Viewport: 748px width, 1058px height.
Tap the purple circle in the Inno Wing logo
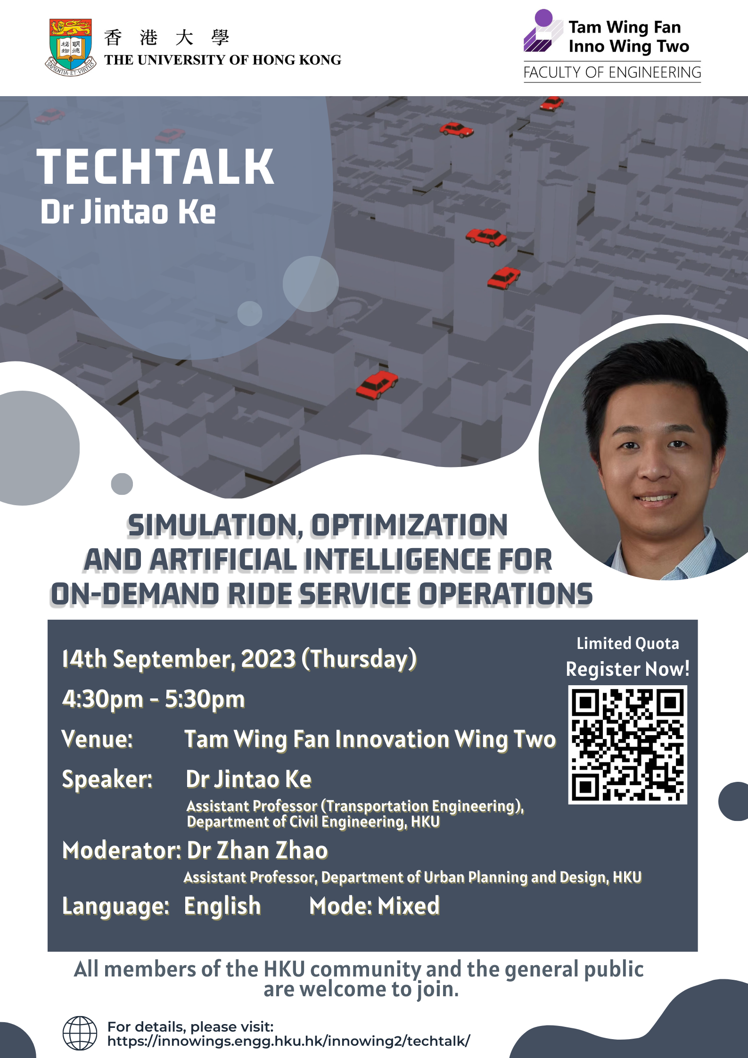pos(543,18)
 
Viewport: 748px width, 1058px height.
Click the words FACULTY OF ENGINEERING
pos(612,73)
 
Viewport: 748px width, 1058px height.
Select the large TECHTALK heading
pos(156,166)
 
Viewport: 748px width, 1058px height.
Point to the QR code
pos(627,745)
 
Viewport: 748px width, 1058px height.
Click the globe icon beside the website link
pos(80,1033)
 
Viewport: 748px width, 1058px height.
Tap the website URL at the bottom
pos(288,1041)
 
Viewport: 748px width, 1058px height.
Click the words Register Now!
pos(627,669)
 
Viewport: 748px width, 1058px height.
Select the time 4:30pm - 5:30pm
pos(154,699)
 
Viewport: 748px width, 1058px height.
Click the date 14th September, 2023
pos(179,658)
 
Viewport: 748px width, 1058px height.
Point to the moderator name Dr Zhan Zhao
pos(257,851)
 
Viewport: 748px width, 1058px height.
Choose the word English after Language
pos(222,906)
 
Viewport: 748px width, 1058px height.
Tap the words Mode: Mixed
pos(374,906)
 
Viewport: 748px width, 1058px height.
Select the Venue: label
pos(97,739)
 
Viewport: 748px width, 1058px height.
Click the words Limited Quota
pos(627,643)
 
